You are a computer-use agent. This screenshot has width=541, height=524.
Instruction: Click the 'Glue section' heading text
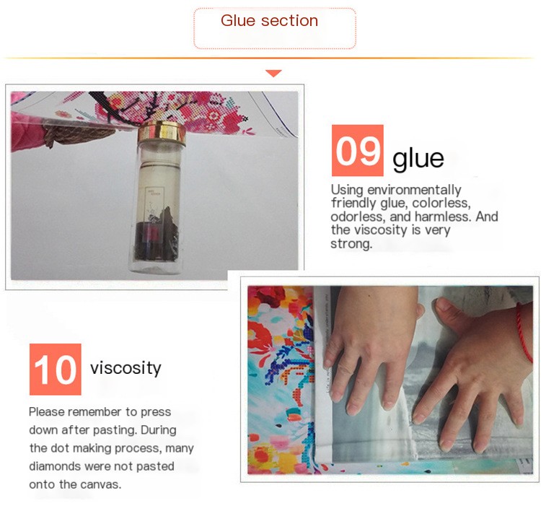pyautogui.click(x=269, y=20)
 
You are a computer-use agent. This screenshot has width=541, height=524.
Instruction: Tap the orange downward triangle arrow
pyautogui.click(x=273, y=73)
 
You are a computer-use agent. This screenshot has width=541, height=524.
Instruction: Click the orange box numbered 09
pyautogui.click(x=358, y=150)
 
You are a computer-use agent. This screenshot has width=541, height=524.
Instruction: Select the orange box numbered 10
pyautogui.click(x=56, y=369)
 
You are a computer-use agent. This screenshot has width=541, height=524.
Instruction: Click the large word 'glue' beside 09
pyautogui.click(x=418, y=158)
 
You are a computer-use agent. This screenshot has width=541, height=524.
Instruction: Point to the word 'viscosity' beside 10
pyautogui.click(x=126, y=368)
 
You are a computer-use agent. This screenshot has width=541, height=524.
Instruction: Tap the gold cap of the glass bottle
pyautogui.click(x=162, y=132)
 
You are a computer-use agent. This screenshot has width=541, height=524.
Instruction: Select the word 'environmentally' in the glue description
pyautogui.click(x=414, y=190)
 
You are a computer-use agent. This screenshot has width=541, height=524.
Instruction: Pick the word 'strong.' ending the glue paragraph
pyautogui.click(x=351, y=244)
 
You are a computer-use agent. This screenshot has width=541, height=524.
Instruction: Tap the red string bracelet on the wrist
pyautogui.click(x=524, y=332)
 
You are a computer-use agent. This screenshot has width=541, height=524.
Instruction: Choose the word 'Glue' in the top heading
pyautogui.click(x=238, y=20)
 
